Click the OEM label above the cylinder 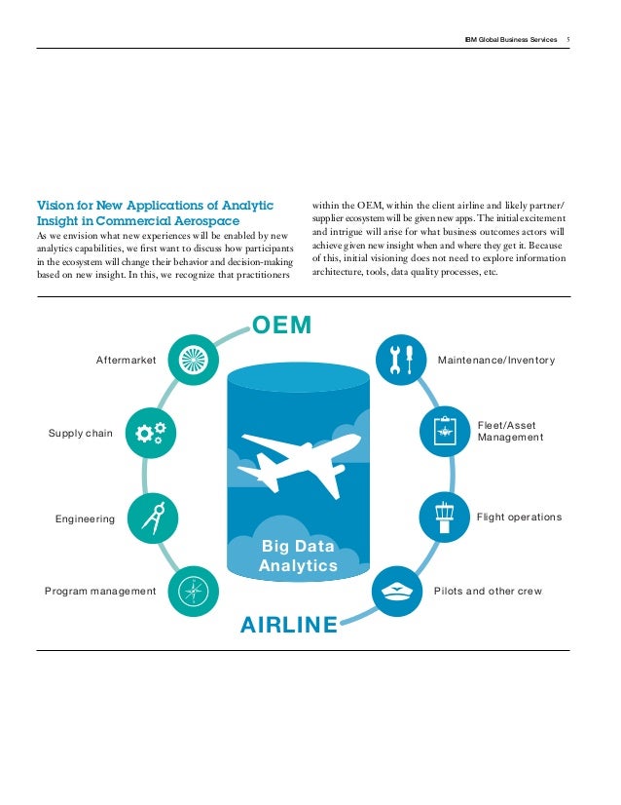click(282, 325)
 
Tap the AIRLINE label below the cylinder click(289, 622)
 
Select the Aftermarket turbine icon click(189, 361)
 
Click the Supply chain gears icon click(152, 433)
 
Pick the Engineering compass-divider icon click(152, 517)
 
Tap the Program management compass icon click(192, 590)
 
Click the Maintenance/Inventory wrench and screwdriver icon click(401, 360)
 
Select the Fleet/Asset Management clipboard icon click(443, 432)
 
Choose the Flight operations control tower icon click(444, 517)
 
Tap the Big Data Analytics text click(298, 556)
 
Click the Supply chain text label click(81, 433)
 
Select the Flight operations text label click(519, 517)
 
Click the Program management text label click(100, 592)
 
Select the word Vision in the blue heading click(55, 206)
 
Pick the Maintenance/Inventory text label click(496, 361)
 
